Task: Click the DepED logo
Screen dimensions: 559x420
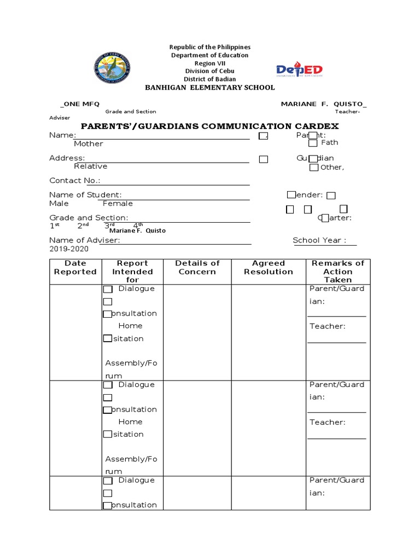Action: pyautogui.click(x=299, y=69)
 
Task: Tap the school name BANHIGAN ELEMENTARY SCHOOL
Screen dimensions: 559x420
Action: pyautogui.click(x=209, y=88)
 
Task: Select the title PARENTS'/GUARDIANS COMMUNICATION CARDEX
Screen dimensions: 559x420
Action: pyautogui.click(x=210, y=126)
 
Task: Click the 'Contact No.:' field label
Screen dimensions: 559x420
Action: pyautogui.click(x=75, y=181)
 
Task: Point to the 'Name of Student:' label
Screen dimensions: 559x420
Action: pyautogui.click(x=85, y=195)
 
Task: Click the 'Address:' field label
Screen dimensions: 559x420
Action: pyautogui.click(x=67, y=158)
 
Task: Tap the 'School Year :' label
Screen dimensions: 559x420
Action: pyautogui.click(x=319, y=240)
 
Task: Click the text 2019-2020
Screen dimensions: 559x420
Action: pyautogui.click(x=68, y=249)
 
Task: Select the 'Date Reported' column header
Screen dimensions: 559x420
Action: pyautogui.click(x=75, y=267)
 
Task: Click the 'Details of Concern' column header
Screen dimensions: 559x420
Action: pyautogui.click(x=197, y=267)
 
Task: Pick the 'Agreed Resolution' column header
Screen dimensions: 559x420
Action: pyautogui.click(x=269, y=267)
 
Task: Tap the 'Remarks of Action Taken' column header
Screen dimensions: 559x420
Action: pyautogui.click(x=337, y=271)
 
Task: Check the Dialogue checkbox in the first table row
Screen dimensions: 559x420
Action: pyautogui.click(x=108, y=289)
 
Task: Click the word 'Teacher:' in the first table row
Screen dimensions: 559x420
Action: pyautogui.click(x=328, y=326)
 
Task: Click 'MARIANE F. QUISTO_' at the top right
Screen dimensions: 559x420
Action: pyautogui.click(x=324, y=104)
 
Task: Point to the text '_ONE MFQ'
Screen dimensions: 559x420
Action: pyautogui.click(x=79, y=104)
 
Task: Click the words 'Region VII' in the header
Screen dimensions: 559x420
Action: pyautogui.click(x=209, y=63)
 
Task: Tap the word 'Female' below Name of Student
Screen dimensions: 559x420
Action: pyautogui.click(x=118, y=204)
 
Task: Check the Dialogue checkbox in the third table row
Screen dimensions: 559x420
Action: pyautogui.click(x=108, y=481)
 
